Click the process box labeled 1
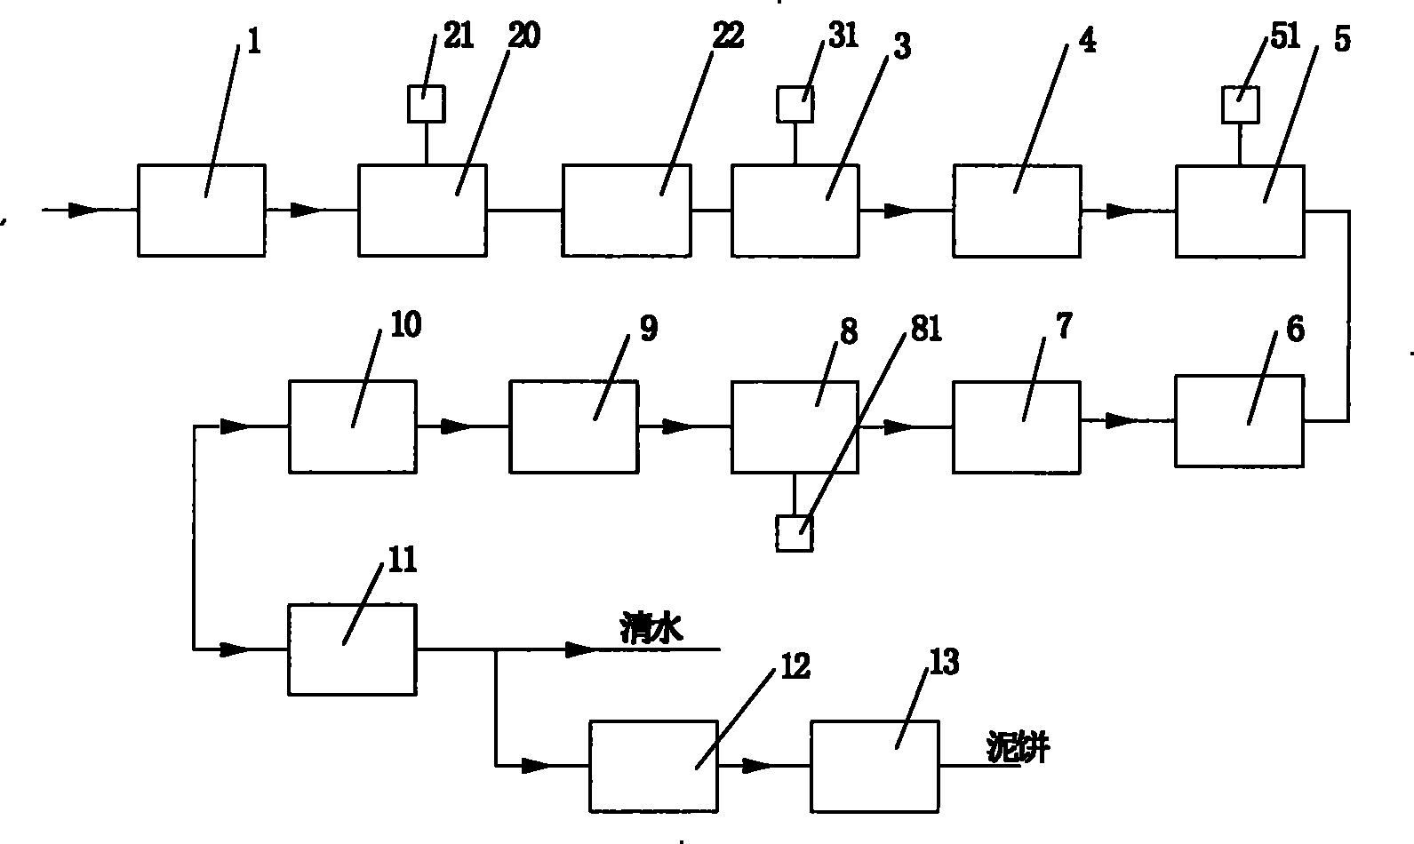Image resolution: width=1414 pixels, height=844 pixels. tap(201, 211)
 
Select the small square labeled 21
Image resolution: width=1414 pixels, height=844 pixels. tap(426, 104)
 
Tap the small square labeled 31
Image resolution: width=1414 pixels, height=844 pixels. tap(795, 104)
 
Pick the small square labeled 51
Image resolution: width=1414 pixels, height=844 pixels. tap(1241, 106)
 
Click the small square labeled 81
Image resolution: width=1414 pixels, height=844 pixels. tap(794, 534)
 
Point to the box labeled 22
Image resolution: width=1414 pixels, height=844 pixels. tap(626, 211)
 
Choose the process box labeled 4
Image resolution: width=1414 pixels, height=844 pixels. tap(1017, 211)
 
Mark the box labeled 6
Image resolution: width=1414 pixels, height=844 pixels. tap(1239, 420)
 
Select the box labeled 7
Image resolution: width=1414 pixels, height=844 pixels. tap(1017, 426)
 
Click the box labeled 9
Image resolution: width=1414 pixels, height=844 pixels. tap(573, 426)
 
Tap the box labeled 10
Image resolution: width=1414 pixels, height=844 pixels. tap(353, 426)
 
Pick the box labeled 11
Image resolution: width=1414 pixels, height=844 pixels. tap(352, 649)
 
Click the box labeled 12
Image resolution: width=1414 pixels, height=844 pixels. tap(653, 766)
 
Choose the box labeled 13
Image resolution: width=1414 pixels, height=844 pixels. tap(875, 766)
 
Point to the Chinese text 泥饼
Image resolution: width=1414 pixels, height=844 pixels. tap(1018, 749)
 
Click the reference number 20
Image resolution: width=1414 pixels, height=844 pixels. tap(523, 38)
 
